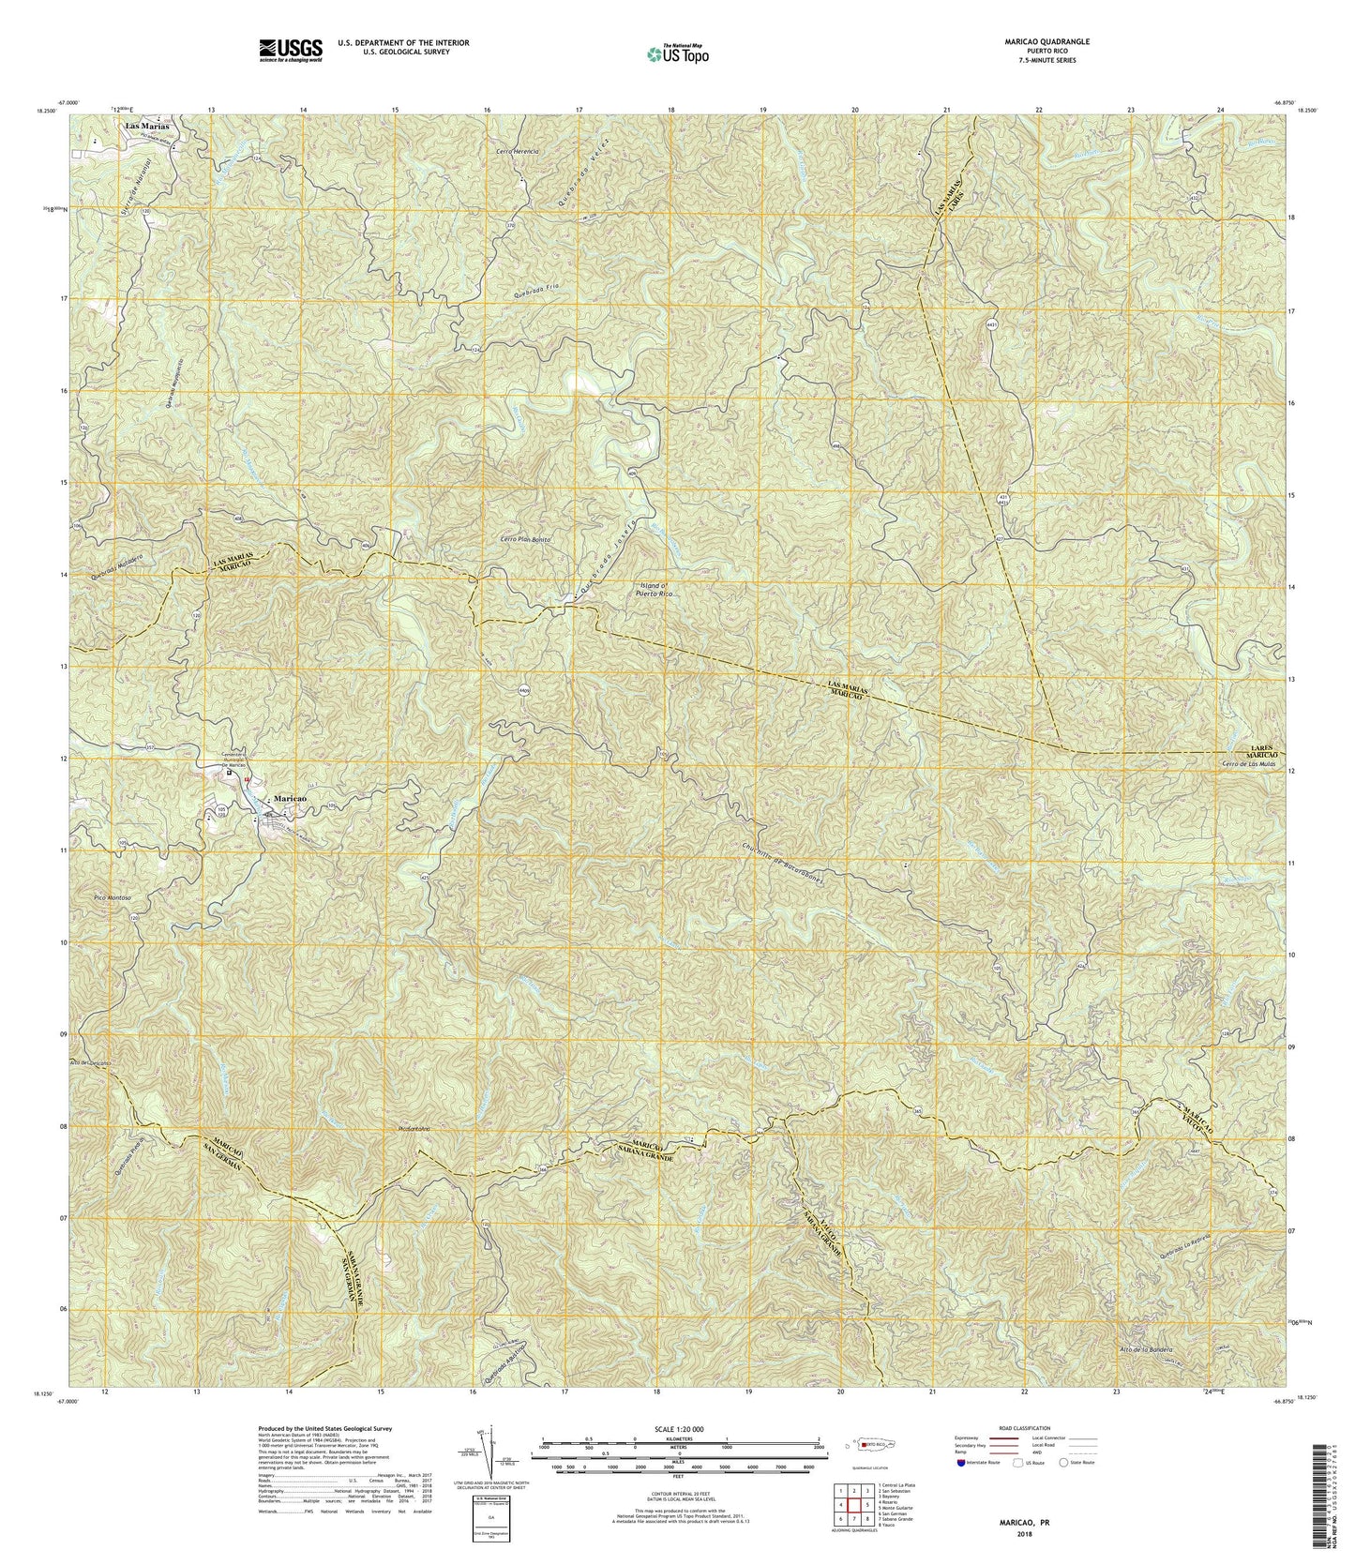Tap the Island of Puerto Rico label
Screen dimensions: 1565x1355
tap(655, 589)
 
